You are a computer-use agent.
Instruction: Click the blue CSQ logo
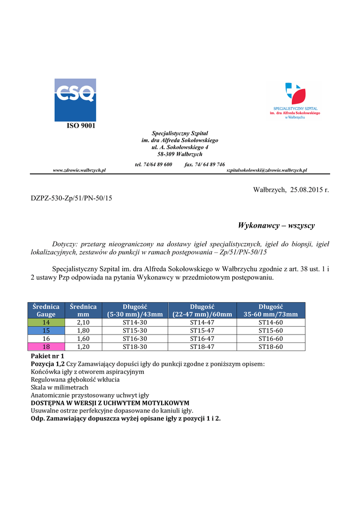[x=75, y=100]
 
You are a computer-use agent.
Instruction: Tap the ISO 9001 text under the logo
[x=81, y=125]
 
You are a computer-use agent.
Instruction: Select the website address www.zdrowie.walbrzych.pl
[x=80, y=170]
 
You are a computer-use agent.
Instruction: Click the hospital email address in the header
[x=267, y=170]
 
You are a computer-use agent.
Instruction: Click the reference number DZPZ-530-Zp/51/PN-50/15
[x=72, y=198]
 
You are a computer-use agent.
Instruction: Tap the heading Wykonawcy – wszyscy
[x=276, y=226]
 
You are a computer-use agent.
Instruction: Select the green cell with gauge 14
[x=46, y=322]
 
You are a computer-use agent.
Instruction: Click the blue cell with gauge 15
[x=46, y=330]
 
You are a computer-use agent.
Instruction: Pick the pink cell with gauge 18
[x=46, y=346]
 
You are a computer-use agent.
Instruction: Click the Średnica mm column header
[x=83, y=310]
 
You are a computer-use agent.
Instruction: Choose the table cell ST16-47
[x=202, y=339]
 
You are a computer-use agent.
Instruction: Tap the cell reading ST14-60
[x=270, y=322]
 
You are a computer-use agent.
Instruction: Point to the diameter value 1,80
[x=83, y=330]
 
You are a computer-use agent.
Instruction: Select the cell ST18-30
[x=135, y=346]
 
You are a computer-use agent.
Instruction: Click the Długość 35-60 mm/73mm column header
[x=270, y=310]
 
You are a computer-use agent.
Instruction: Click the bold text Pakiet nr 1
[x=47, y=356]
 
